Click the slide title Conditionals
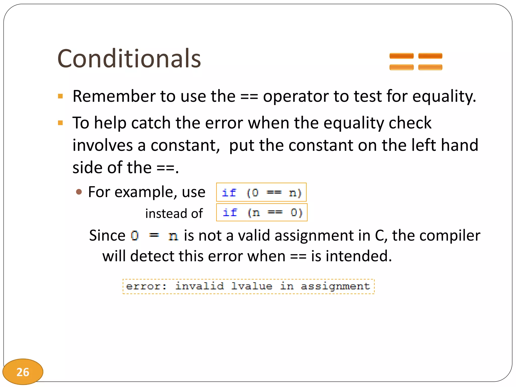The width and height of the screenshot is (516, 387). [129, 58]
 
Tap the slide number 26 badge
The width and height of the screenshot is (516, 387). [23, 372]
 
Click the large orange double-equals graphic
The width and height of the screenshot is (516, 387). [416, 61]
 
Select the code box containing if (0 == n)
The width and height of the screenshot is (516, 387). [261, 192]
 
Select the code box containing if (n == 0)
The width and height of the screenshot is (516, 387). [262, 212]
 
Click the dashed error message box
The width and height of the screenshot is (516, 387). [248, 286]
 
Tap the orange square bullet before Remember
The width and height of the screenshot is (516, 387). [60, 96]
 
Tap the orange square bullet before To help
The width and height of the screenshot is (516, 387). [60, 123]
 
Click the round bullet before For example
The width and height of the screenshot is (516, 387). [79, 192]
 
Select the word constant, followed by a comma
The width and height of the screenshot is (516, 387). [185, 145]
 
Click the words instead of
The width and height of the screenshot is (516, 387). [174, 213]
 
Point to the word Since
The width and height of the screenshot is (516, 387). [107, 236]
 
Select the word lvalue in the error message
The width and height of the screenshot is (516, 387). [252, 286]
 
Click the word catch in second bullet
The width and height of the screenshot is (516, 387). [151, 123]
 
